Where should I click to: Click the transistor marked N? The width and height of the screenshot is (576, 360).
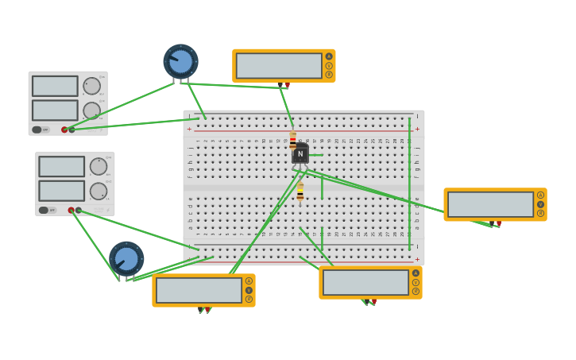coord(300,154)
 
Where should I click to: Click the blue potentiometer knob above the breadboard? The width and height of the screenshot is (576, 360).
coord(180,61)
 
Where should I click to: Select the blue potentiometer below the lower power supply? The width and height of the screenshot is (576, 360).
coord(126,258)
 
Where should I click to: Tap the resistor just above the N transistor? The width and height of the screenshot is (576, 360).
coord(292,140)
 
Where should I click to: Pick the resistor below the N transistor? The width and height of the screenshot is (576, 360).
coord(300,192)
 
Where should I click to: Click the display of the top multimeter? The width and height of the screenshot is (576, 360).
coord(279,66)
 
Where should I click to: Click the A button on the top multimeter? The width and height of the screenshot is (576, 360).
coord(329,56)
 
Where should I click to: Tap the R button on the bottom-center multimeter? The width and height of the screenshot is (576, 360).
coord(416,292)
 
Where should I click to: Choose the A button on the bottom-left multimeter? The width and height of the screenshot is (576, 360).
coord(249,281)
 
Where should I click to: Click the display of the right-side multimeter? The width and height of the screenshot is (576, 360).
coord(490,204)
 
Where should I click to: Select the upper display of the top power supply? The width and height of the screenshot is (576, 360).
coord(55,86)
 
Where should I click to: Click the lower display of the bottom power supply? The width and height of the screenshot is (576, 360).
coord(61,191)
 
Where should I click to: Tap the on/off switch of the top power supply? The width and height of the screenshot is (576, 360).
coord(37,130)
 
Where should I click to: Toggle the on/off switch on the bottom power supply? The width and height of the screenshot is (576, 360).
coord(44,211)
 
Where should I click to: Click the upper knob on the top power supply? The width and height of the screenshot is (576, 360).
coord(92,86)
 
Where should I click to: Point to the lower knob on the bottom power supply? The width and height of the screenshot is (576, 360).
coord(99,191)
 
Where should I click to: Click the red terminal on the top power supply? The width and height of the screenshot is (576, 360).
coord(64,130)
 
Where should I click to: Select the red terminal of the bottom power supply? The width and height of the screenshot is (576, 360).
coord(71,211)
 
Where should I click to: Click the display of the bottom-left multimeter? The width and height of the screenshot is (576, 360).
coord(199,290)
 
